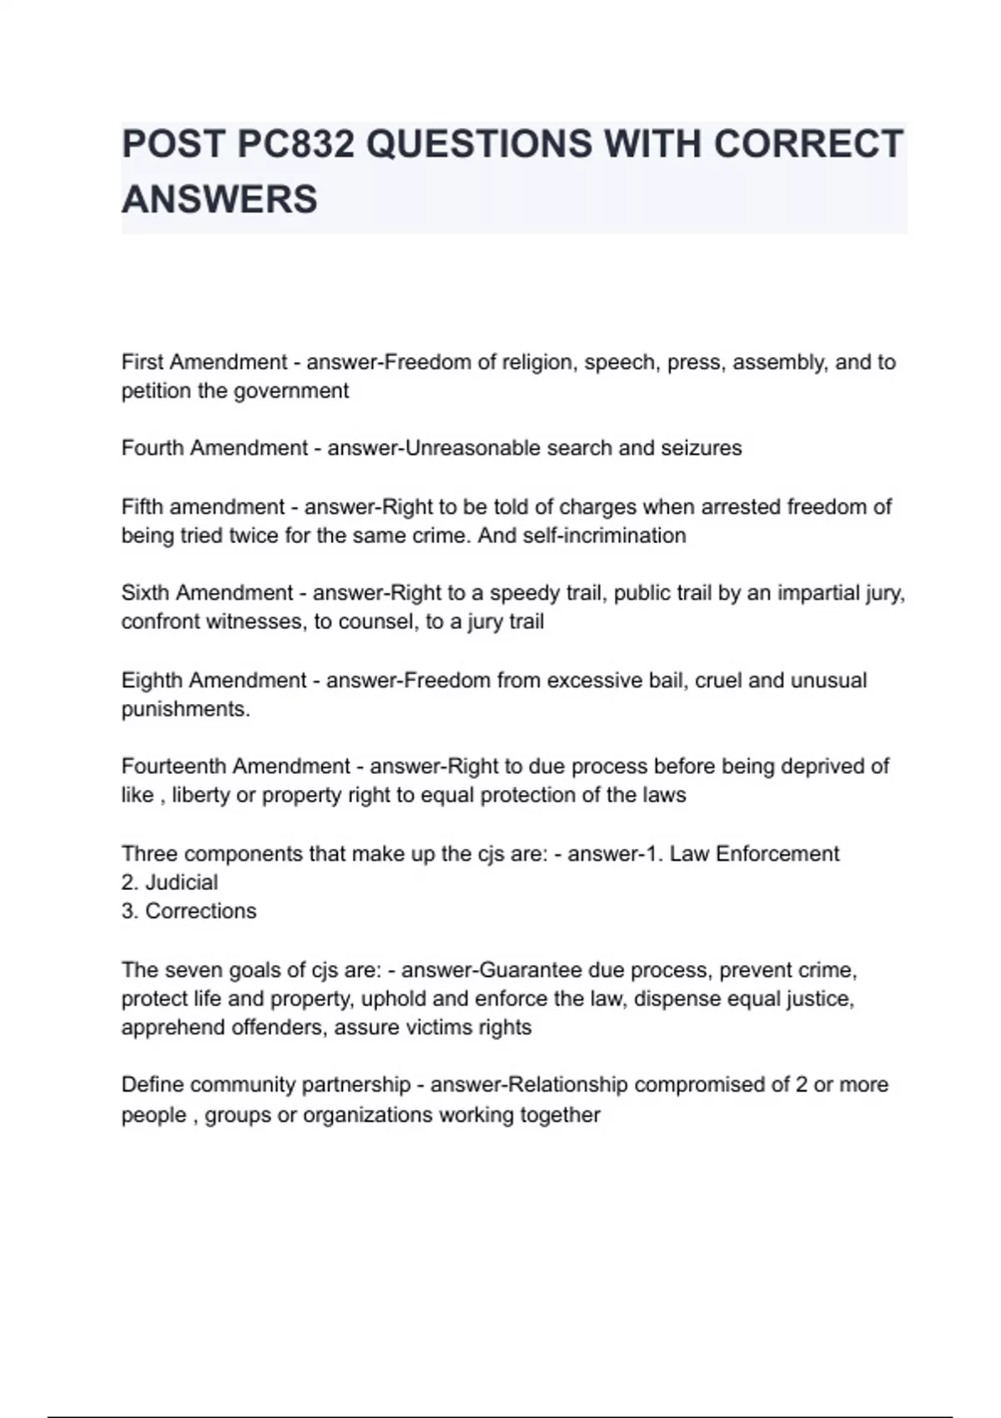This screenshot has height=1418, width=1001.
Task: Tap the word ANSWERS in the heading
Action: click(x=219, y=199)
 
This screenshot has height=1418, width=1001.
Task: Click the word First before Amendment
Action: click(x=143, y=362)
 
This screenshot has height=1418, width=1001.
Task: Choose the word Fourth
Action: click(x=152, y=448)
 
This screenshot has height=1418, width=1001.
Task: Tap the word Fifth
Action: click(x=143, y=506)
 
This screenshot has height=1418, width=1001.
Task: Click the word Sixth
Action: click(x=145, y=593)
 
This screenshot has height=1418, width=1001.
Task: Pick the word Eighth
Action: click(x=153, y=680)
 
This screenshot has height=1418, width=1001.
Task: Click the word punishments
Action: click(x=185, y=709)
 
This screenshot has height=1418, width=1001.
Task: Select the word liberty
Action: click(x=201, y=795)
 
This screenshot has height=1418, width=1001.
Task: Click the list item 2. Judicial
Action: click(x=169, y=882)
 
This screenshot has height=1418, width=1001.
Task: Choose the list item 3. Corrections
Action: click(x=189, y=911)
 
